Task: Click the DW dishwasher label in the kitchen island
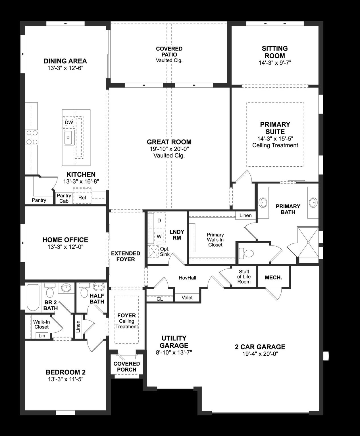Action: (69, 123)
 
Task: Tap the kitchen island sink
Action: (69, 138)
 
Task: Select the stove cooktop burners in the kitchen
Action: (32, 137)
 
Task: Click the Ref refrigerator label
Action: (82, 198)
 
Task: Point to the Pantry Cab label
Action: (64, 198)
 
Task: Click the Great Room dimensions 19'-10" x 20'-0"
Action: (169, 149)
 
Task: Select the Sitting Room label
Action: (275, 52)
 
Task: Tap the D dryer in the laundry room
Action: (159, 221)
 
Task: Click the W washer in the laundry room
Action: (159, 236)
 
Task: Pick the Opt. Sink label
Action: (165, 251)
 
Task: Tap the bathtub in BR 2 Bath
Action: (34, 297)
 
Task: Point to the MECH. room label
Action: (273, 277)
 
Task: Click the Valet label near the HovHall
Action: (187, 297)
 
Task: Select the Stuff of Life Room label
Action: (244, 277)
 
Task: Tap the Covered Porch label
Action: (127, 366)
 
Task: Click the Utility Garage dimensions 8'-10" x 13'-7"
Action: (174, 353)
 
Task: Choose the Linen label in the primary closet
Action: (245, 215)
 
